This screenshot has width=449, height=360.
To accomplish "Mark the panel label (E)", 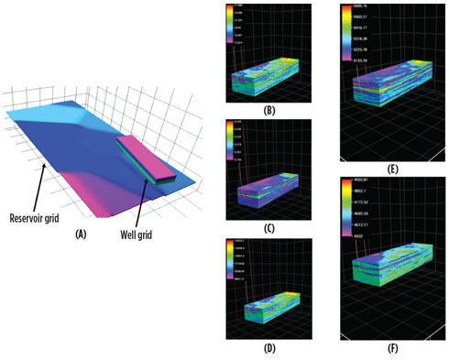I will tap(390, 169).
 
